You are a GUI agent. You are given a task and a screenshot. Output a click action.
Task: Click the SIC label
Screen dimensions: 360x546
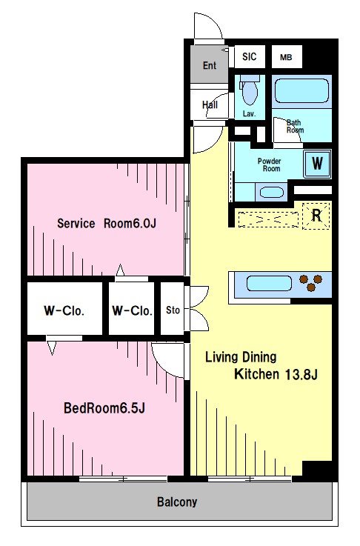click(x=250, y=56)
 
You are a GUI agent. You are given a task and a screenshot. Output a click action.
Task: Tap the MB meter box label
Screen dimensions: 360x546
click(x=286, y=57)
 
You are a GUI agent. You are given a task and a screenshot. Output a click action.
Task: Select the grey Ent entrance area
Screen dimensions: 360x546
click(x=209, y=64)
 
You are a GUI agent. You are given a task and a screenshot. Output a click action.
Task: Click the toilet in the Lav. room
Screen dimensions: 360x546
click(x=250, y=90)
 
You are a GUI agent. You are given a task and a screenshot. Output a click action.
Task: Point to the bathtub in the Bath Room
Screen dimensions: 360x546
click(x=301, y=90)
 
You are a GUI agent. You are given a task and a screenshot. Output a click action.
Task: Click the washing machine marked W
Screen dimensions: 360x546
click(x=317, y=163)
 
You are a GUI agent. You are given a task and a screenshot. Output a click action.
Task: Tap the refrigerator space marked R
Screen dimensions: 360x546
click(x=316, y=216)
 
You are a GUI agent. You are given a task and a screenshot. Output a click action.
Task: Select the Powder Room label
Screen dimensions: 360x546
click(x=269, y=164)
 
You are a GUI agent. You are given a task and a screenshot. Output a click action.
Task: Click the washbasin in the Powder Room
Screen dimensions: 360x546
click(x=272, y=192)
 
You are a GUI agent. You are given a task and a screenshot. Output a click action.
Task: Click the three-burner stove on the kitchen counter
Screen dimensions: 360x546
click(x=311, y=282)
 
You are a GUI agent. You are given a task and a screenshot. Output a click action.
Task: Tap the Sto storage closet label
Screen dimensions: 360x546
click(x=173, y=310)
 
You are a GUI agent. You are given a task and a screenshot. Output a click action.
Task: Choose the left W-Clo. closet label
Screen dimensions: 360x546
click(x=64, y=310)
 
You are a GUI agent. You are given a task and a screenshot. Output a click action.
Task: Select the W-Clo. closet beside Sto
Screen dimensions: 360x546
click(x=132, y=310)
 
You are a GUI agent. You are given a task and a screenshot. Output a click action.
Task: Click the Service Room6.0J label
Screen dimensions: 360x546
click(x=107, y=223)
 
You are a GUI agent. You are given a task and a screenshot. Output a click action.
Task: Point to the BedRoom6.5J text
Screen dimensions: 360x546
click(x=104, y=407)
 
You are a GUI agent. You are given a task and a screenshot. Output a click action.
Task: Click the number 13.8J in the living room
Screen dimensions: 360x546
click(x=301, y=374)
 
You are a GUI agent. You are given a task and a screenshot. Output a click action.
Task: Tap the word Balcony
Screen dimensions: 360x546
click(x=177, y=502)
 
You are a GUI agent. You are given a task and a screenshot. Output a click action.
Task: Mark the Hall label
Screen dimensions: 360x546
click(x=210, y=104)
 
